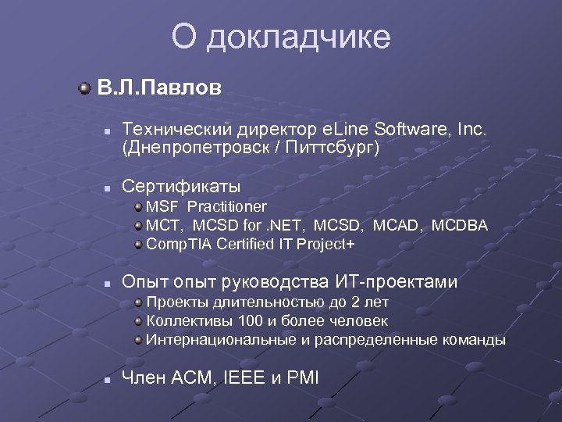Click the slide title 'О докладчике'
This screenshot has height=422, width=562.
click(x=281, y=37)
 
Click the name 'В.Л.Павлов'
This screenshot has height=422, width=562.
click(x=159, y=88)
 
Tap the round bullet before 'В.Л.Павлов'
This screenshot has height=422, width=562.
click(x=84, y=88)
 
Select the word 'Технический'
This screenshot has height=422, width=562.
click(x=171, y=128)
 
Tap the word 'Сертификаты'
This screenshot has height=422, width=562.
click(x=182, y=187)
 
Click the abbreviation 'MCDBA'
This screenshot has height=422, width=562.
click(x=459, y=225)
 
